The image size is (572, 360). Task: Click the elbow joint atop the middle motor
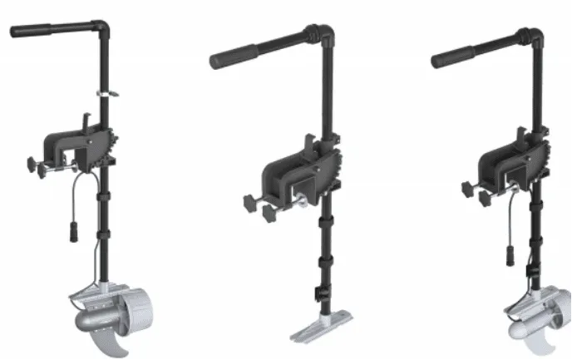[323, 36]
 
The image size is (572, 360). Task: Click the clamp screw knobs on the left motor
[33, 165]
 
